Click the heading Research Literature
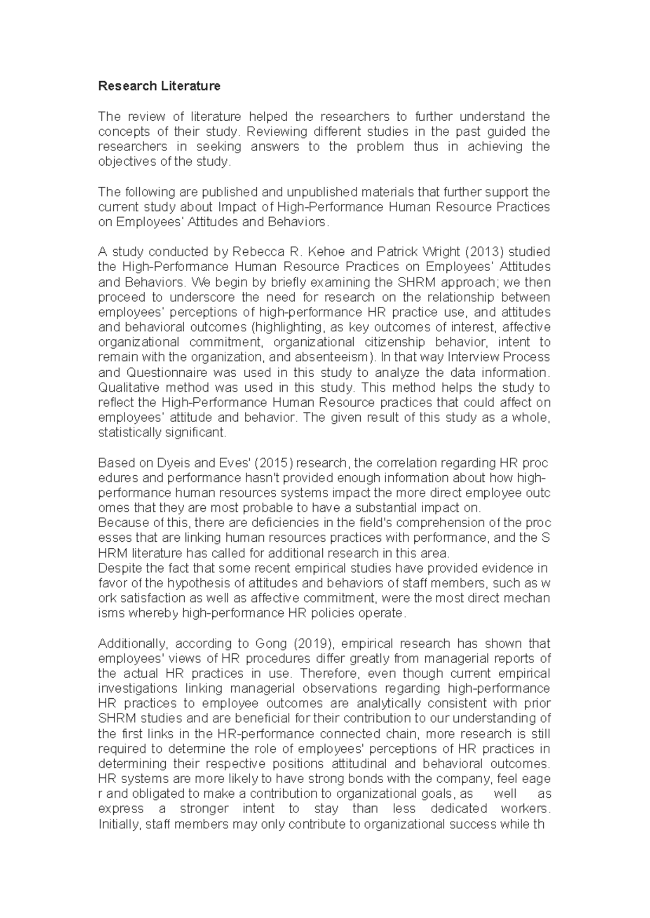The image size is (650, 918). tap(159, 86)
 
